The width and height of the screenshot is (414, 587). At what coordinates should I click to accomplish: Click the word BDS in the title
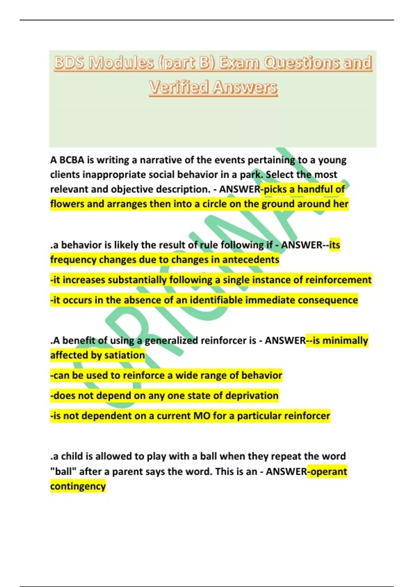pyautogui.click(x=69, y=63)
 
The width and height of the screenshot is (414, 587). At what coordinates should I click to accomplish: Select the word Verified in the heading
pyautogui.click(x=179, y=87)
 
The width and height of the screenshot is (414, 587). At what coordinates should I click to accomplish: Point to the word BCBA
pyautogui.click(x=72, y=160)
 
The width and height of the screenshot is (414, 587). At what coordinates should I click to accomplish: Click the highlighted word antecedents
pyautogui.click(x=250, y=260)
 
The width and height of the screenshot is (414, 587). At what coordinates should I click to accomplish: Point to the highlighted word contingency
pyautogui.click(x=78, y=487)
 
